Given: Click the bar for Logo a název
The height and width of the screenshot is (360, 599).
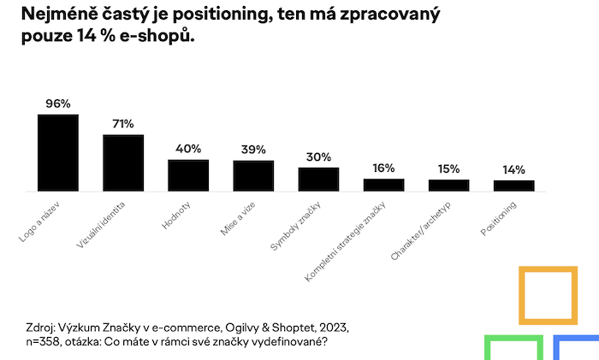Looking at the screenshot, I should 58,152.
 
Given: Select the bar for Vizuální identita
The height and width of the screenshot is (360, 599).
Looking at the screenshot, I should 123,162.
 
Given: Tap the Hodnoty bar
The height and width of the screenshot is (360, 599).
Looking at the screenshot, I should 188,174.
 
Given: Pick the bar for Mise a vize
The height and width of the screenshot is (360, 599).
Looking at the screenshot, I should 253,175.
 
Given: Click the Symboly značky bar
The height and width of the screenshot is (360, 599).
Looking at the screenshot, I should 318,179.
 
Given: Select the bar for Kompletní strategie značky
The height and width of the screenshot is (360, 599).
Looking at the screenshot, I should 383,185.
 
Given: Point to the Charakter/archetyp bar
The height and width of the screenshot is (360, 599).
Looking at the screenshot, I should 448,185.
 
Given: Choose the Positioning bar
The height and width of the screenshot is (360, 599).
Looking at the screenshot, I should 513,186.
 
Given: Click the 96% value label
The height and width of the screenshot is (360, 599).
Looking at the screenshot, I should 58,103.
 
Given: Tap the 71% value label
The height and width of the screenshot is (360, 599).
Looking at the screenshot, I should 123,124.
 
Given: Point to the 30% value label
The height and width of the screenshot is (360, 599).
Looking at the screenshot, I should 318,156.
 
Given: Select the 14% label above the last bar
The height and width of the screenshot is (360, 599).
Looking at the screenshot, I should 513,169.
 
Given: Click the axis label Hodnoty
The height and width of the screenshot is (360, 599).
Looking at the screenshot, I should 175,216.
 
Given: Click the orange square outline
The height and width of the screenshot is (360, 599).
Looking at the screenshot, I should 547,296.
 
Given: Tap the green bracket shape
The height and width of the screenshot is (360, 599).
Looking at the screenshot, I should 513,346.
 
